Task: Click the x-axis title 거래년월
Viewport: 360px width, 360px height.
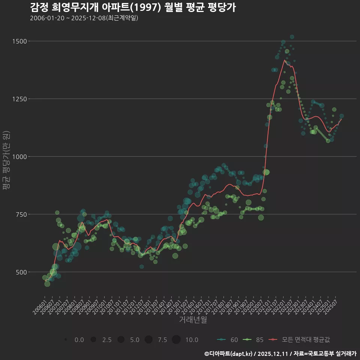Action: (193, 320)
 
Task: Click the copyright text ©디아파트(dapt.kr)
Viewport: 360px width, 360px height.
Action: (228, 354)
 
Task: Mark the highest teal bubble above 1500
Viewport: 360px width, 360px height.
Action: (292, 37)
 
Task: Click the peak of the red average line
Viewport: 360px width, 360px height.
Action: (285, 60)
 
